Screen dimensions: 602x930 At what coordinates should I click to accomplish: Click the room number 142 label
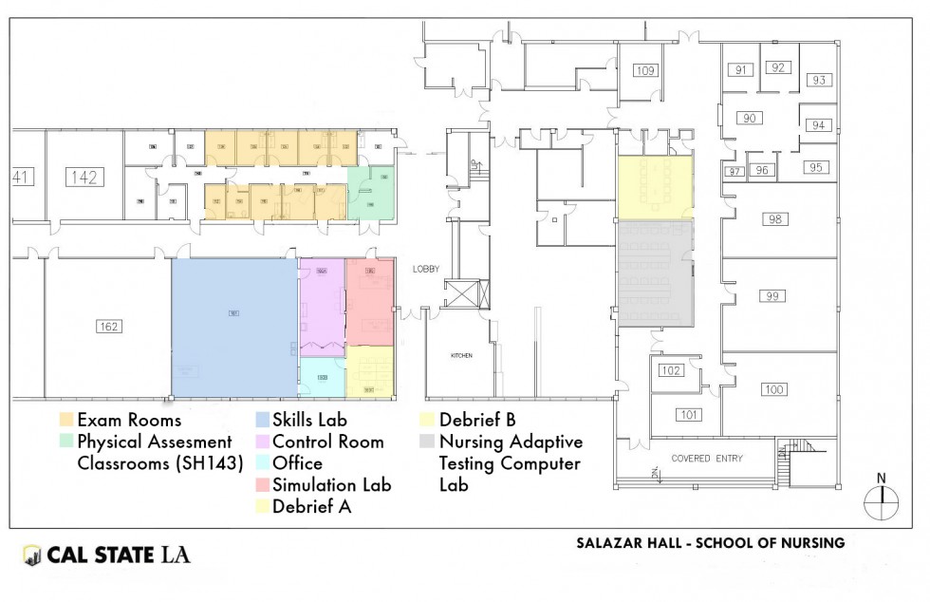tap(84, 177)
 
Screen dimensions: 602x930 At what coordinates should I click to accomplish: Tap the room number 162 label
tap(109, 327)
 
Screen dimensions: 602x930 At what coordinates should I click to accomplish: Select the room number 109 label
tap(645, 70)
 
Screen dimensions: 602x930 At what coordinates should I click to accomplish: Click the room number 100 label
tap(774, 389)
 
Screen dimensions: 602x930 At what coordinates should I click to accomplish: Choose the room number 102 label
tap(671, 370)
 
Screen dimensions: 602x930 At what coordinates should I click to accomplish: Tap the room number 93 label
tap(819, 80)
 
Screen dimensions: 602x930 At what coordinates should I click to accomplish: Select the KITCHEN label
tap(461, 355)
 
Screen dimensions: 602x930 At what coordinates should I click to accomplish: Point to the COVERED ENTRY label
tap(707, 459)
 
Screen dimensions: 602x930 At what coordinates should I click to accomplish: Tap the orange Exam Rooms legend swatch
tap(65, 420)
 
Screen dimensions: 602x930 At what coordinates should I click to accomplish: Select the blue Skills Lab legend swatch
tap(261, 420)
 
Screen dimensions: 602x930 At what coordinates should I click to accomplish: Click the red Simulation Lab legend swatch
tap(261, 485)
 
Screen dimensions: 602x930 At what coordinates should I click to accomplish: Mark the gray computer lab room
tap(656, 273)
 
